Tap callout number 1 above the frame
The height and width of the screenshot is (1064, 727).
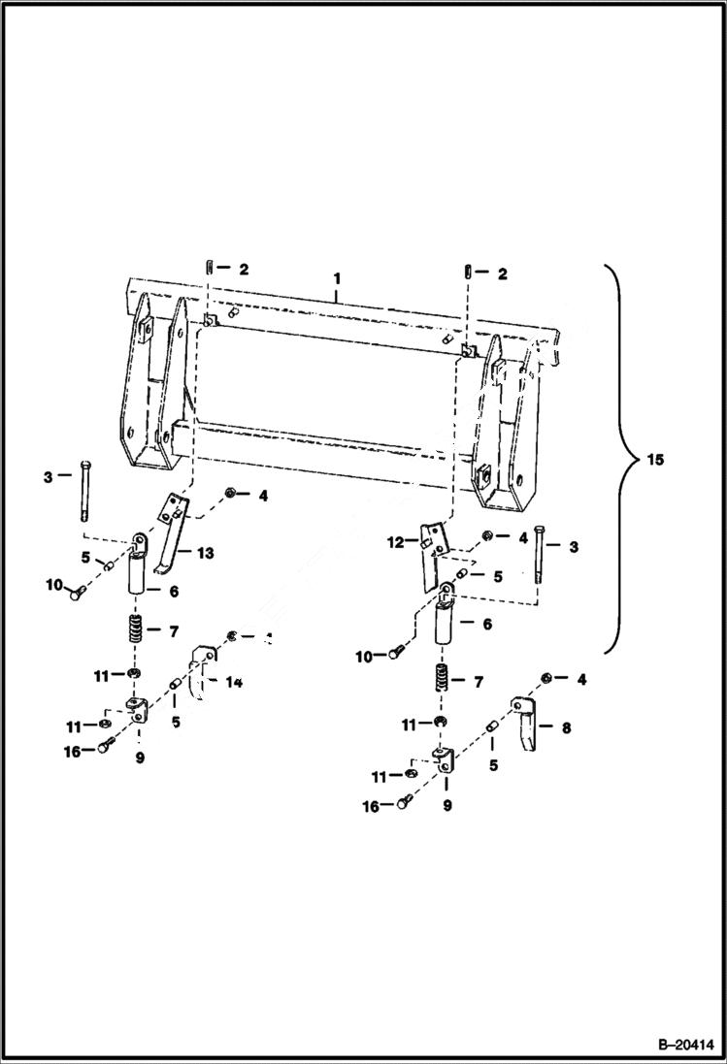coord(336,278)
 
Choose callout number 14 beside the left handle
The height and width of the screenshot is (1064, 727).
coord(234,682)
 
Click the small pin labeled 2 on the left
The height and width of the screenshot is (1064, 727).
coord(210,268)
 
